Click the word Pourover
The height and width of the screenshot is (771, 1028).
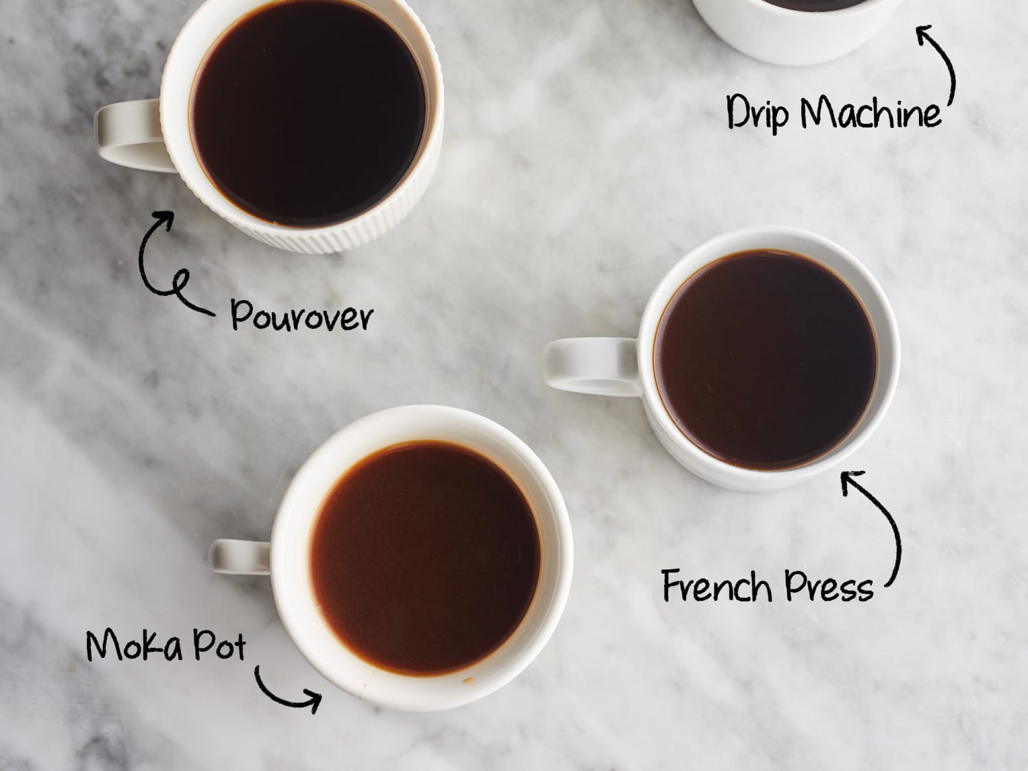pos(302,315)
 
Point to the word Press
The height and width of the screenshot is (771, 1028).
pos(831,587)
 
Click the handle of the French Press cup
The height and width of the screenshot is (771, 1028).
pos(583,368)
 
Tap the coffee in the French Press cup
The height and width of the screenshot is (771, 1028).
pos(766,360)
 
